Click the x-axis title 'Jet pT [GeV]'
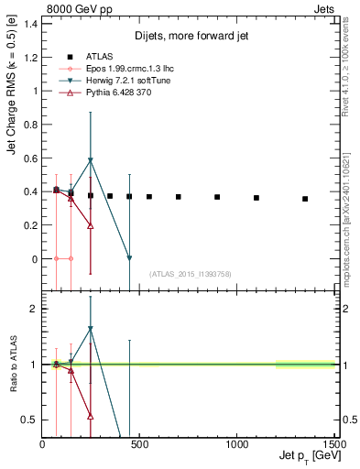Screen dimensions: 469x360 pyautogui.click(x=307, y=456)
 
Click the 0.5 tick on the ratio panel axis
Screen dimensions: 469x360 pyautogui.click(x=31, y=420)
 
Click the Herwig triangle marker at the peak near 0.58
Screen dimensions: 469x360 pyautogui.click(x=90, y=160)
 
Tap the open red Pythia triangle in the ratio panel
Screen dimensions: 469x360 pyautogui.click(x=90, y=416)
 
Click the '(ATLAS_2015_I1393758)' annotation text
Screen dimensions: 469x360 pyautogui.click(x=190, y=273)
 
